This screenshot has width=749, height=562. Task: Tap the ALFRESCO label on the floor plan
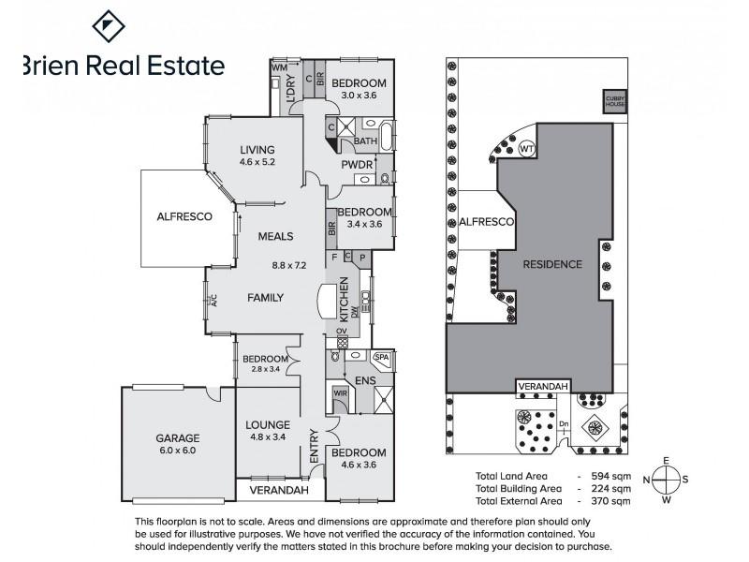[x=184, y=216]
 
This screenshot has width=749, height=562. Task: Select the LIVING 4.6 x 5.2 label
[x=257, y=155]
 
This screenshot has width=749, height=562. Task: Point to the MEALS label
[x=277, y=236]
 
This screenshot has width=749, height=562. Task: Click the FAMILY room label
[x=265, y=298]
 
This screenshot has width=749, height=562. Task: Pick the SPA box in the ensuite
[x=381, y=357]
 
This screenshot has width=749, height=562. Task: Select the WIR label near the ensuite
[x=340, y=393]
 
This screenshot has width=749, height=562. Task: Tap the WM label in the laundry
[x=278, y=68]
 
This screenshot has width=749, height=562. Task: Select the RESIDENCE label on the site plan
[x=551, y=264]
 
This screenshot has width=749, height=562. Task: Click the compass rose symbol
[x=665, y=479]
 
